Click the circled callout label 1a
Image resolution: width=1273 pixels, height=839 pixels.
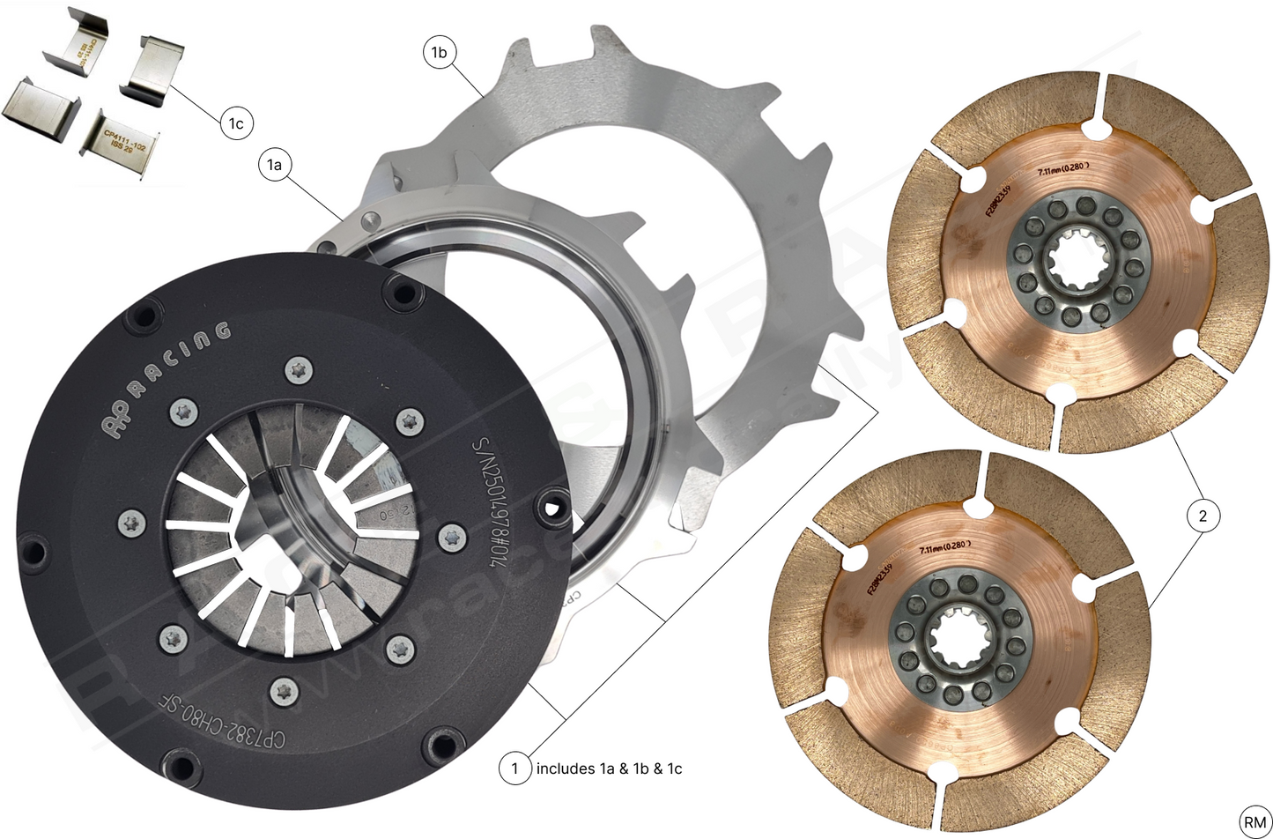pyautogui.click(x=276, y=165)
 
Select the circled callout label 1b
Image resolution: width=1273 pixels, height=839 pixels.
pyautogui.click(x=438, y=53)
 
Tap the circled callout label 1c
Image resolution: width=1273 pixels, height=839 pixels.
pyautogui.click(x=236, y=123)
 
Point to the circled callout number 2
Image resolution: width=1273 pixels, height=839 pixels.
pyautogui.click(x=1203, y=516)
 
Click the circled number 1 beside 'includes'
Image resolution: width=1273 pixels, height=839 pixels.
pyautogui.click(x=515, y=768)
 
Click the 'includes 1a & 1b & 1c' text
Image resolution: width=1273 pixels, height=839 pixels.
pyautogui.click(x=609, y=768)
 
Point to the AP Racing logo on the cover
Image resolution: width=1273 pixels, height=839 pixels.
pyautogui.click(x=167, y=379)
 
